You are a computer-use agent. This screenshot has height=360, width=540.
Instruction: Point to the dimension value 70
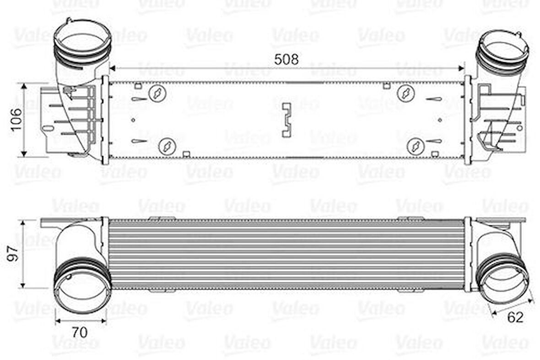[80, 332]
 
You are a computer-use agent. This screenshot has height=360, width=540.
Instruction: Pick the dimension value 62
[515, 317]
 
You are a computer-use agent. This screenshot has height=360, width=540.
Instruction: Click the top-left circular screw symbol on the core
[157, 93]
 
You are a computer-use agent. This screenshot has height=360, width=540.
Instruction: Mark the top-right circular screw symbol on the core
[405, 93]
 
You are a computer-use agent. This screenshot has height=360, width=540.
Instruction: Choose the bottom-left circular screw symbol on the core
[166, 147]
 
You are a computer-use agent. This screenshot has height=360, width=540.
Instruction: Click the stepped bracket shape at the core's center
[287, 120]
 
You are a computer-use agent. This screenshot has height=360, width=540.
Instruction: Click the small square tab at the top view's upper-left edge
[137, 85]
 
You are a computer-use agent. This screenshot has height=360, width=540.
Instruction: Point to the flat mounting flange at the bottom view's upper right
[501, 220]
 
